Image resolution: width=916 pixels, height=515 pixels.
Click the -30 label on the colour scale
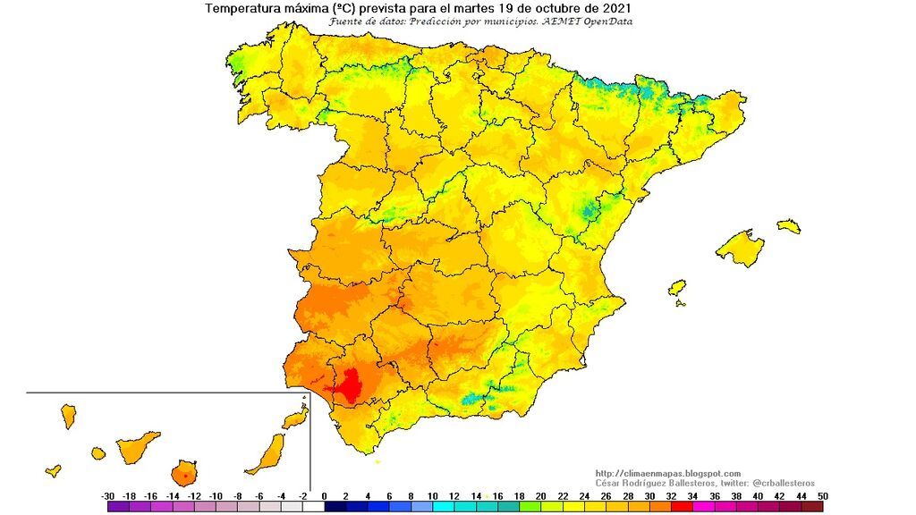tap(107, 494)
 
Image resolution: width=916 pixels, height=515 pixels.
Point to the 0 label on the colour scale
tap(324, 494)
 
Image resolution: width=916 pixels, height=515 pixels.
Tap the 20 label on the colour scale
tap(540, 494)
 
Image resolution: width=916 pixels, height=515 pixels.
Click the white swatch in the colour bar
tap(312, 506)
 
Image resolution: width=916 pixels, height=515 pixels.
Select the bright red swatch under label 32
tap(682, 506)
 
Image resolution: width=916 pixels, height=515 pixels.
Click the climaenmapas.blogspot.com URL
tap(667, 473)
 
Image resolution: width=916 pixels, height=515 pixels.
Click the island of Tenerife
tap(138, 445)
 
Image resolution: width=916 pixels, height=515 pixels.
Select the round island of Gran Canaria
tap(185, 471)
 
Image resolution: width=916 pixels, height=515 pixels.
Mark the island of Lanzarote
tap(294, 418)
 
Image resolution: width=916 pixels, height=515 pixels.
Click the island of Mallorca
tap(741, 247)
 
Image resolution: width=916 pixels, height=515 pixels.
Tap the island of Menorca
tap(788, 226)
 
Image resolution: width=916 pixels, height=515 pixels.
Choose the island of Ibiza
tap(677, 288)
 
